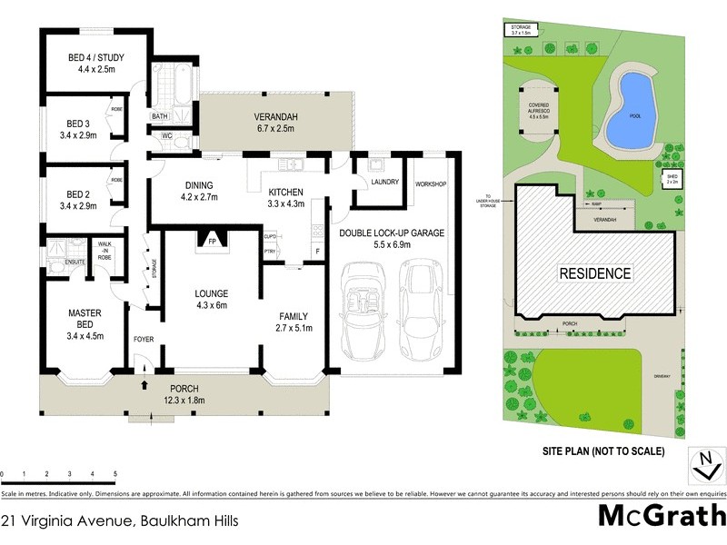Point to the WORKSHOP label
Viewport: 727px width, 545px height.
[431, 184]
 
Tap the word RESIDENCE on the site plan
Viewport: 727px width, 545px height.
[594, 272]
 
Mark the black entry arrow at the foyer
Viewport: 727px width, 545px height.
[144, 386]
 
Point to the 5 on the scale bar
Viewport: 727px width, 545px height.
[115, 474]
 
